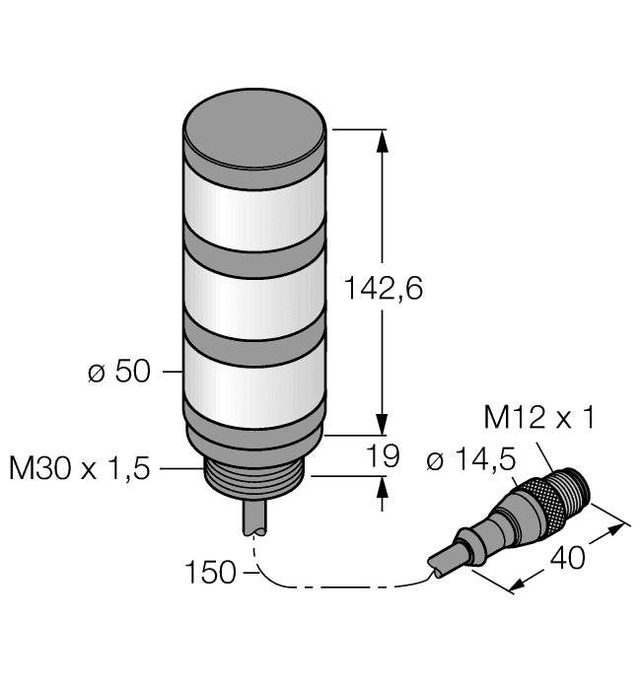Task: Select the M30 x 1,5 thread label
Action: pyautogui.click(x=79, y=468)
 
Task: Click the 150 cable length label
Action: pyautogui.click(x=210, y=572)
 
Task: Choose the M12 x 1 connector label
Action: pyautogui.click(x=538, y=419)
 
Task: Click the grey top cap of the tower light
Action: pyautogui.click(x=255, y=129)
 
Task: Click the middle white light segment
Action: pyautogui.click(x=255, y=297)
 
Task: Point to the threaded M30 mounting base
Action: pyautogui.click(x=255, y=474)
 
